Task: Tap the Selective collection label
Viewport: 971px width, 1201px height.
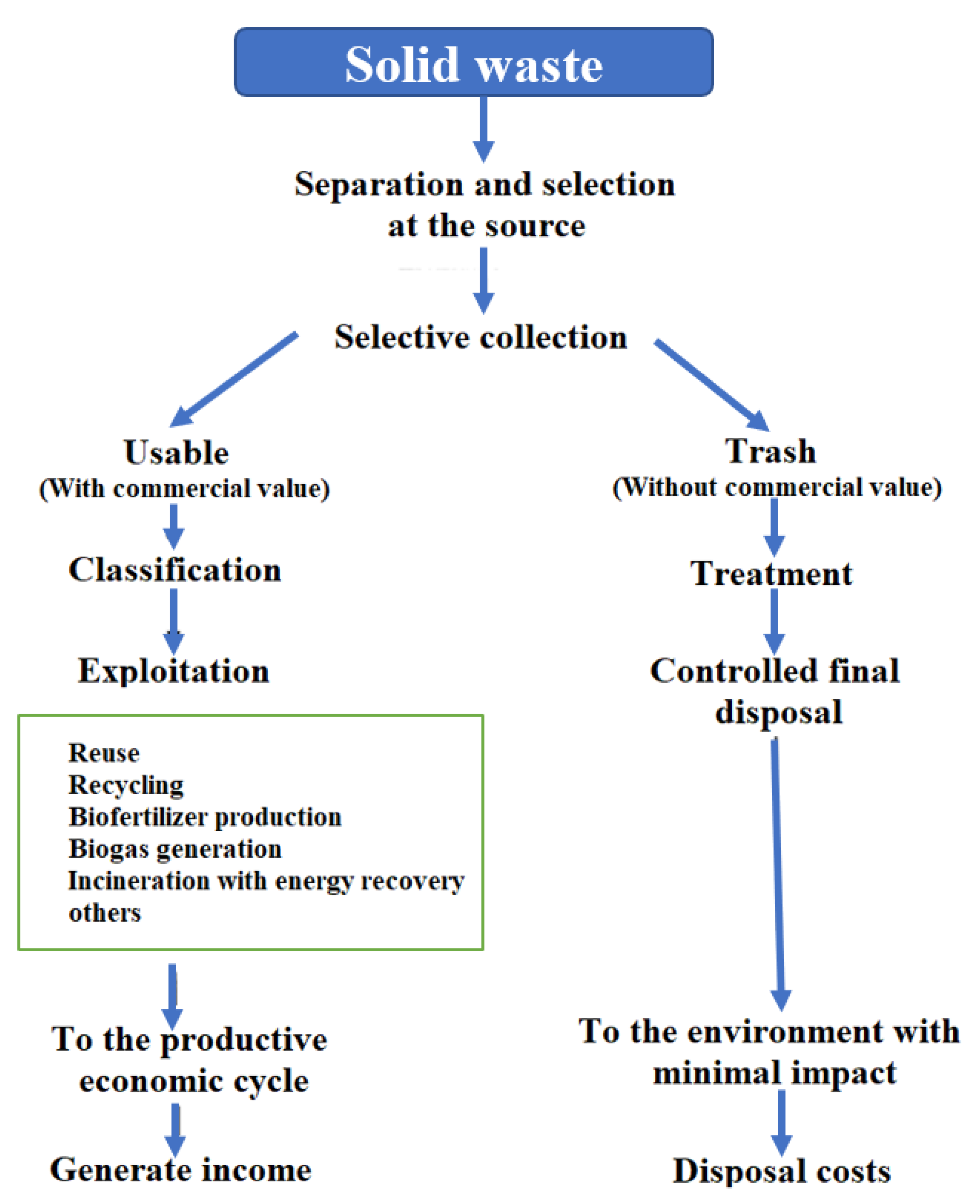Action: point(480,337)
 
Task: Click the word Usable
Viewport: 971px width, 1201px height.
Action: point(176,453)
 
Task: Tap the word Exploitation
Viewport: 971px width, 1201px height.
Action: point(173,671)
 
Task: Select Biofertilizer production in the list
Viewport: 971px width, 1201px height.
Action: point(205,817)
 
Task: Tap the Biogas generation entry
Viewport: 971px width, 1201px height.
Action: point(175,849)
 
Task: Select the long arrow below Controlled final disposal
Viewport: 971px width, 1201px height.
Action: point(778,873)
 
